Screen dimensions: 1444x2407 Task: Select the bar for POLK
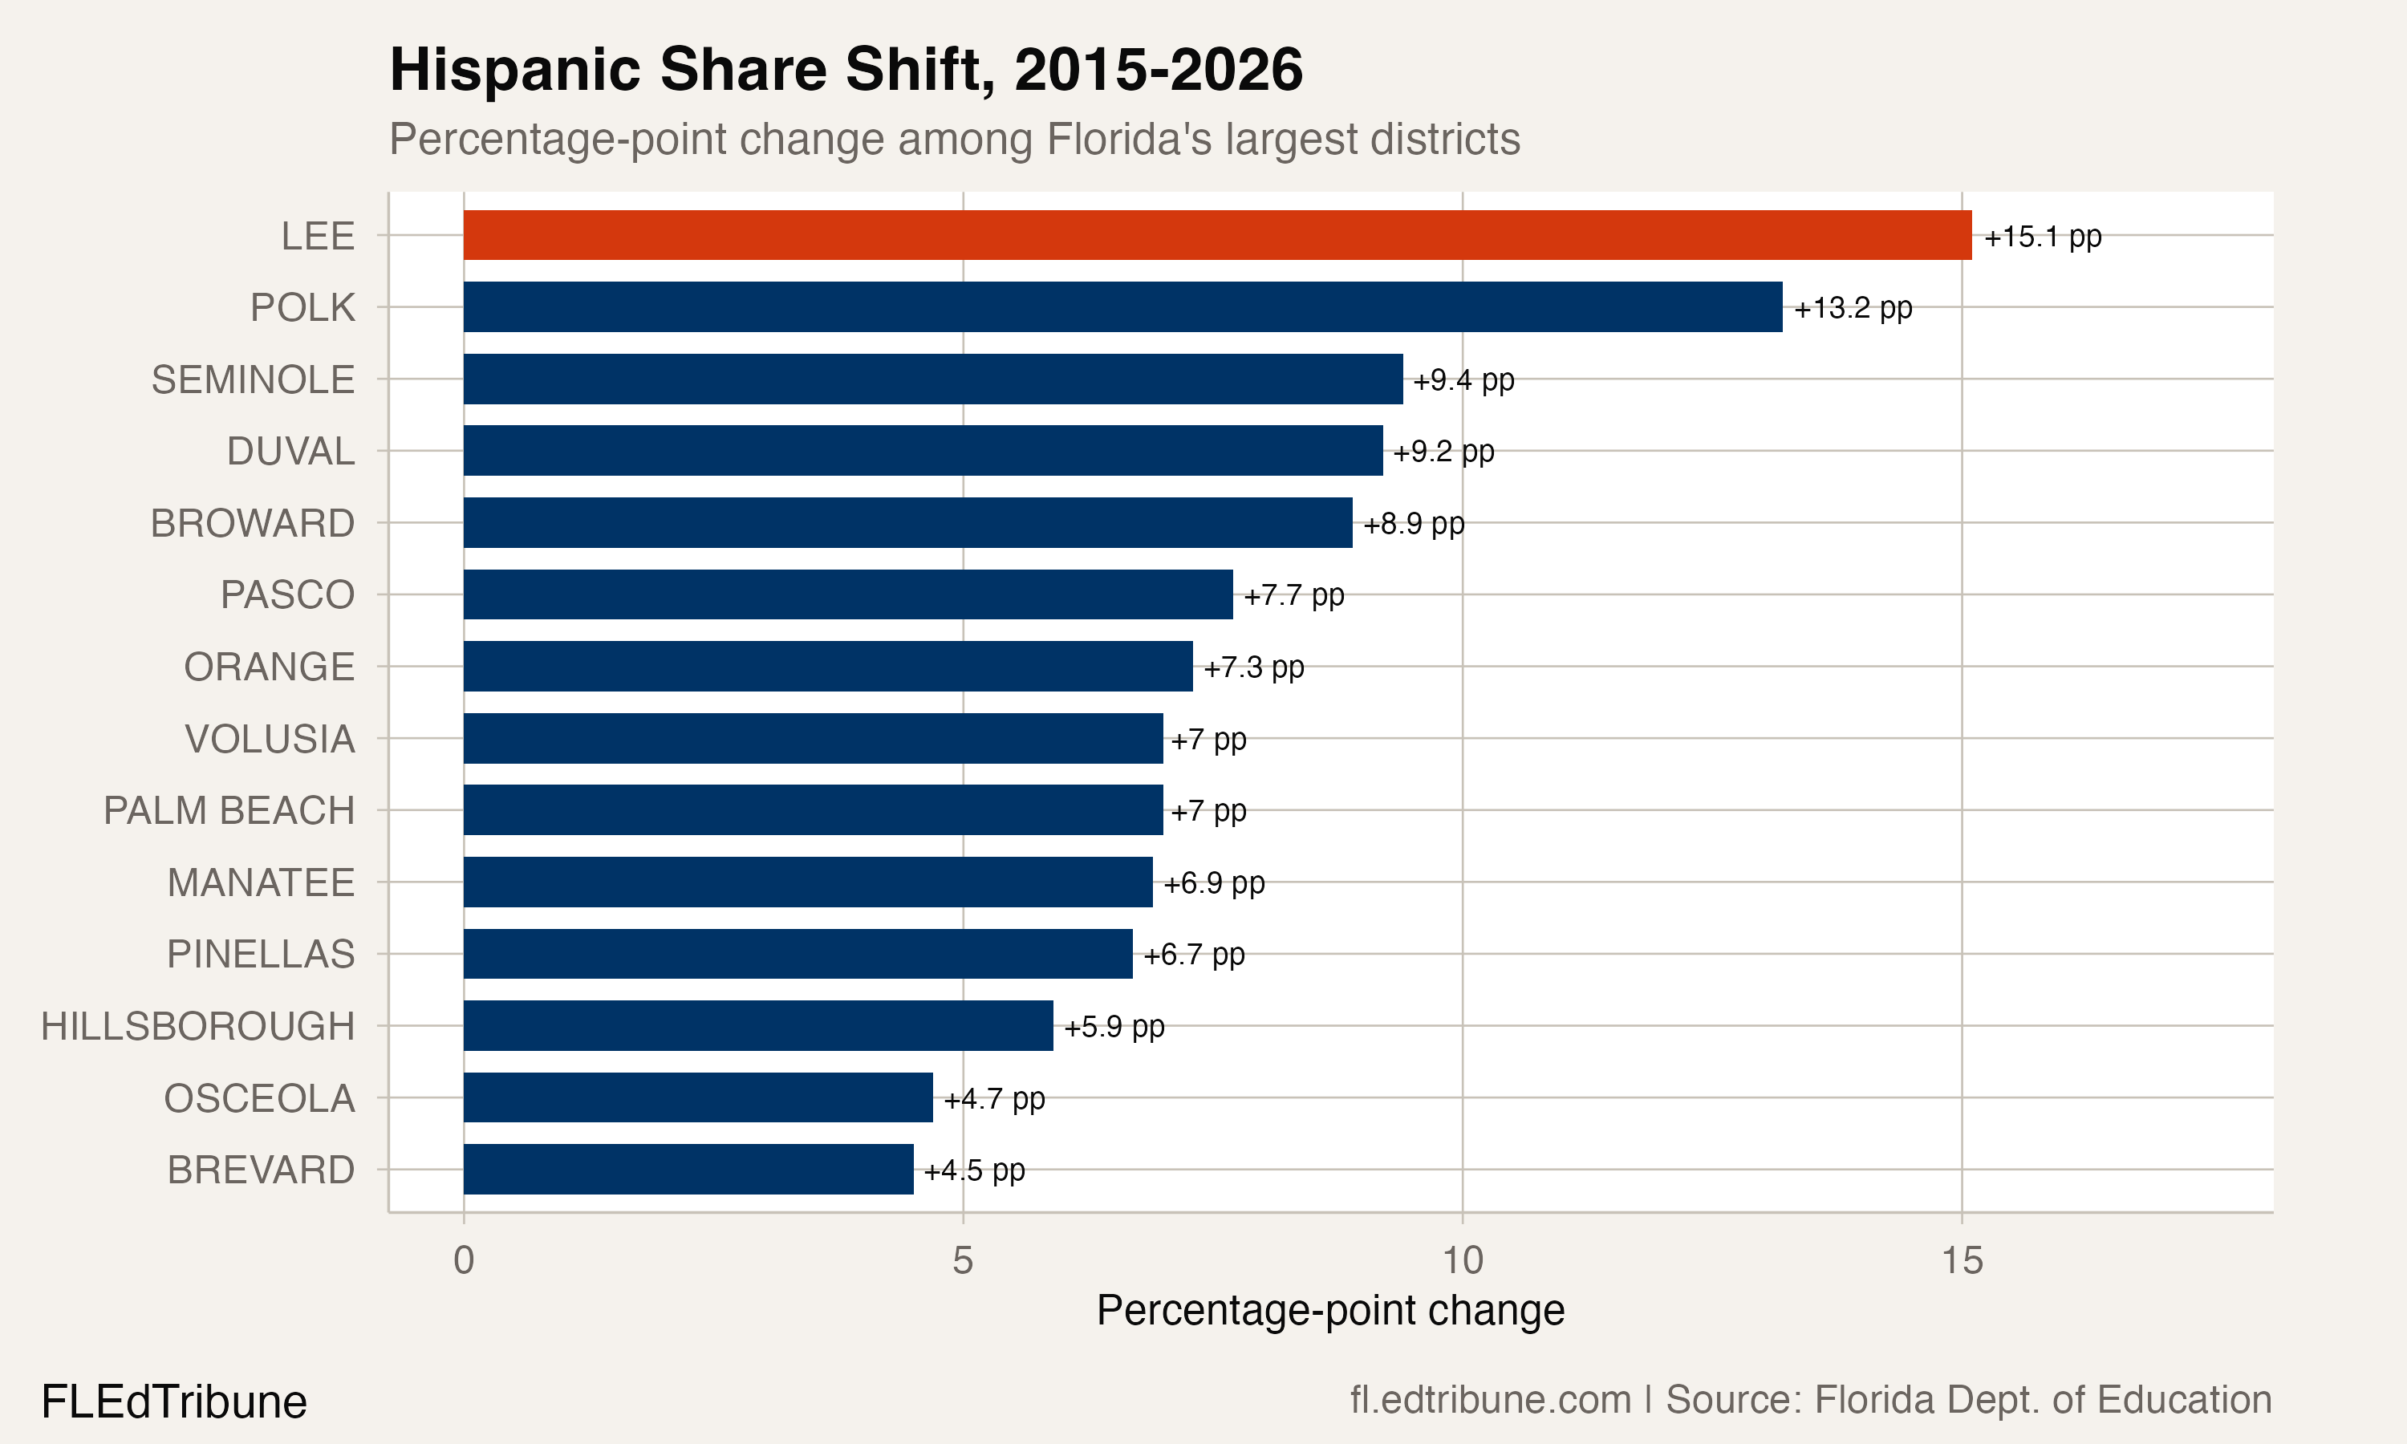1122,306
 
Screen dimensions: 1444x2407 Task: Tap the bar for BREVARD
688,1169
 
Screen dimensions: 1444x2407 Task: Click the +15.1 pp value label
2042,237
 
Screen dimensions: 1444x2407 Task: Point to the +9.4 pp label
1463,379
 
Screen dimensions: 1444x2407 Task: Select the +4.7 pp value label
994,1098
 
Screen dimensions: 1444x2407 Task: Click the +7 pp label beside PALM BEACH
1208,810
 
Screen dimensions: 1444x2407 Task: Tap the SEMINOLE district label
253,379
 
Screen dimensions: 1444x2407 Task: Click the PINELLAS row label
261,955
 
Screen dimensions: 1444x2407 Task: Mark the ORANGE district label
269,667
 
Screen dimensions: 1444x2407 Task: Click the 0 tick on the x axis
463,1261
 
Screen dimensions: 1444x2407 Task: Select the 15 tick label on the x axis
1962,1261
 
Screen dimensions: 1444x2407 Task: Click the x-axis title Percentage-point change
1330,1311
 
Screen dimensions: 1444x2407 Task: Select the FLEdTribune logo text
174,1402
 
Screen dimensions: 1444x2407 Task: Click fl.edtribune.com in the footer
1490,1399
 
